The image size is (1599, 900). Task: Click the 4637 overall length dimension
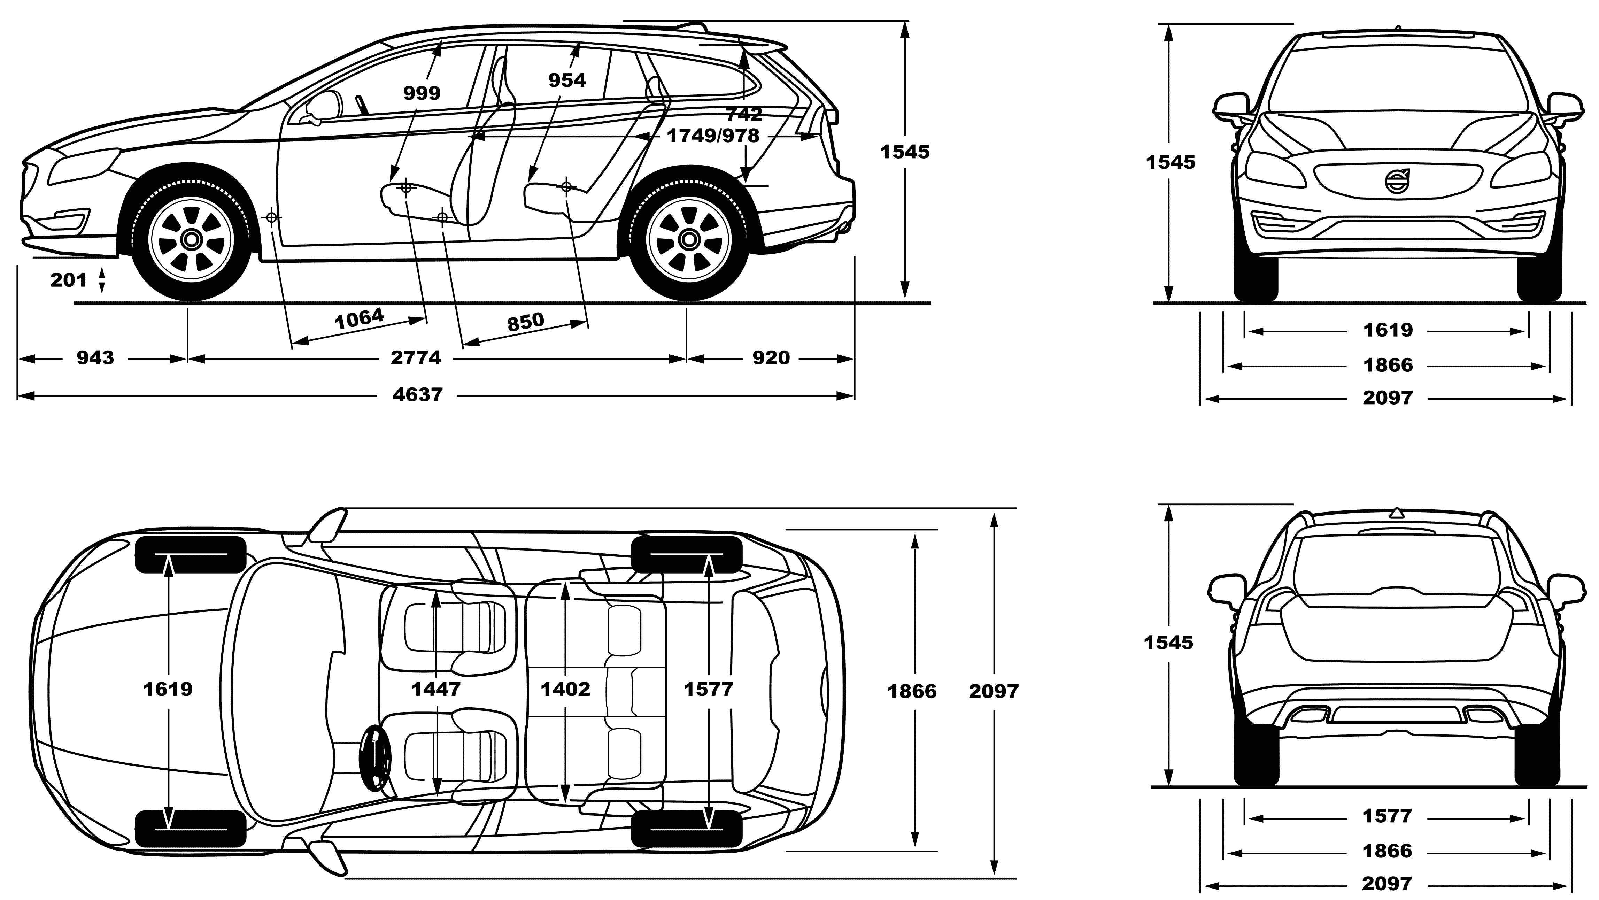[418, 395]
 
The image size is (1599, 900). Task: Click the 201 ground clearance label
[68, 280]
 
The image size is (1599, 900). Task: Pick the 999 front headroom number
[422, 93]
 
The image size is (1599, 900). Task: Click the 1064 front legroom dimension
[360, 319]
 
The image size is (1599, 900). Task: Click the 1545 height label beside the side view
[905, 152]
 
